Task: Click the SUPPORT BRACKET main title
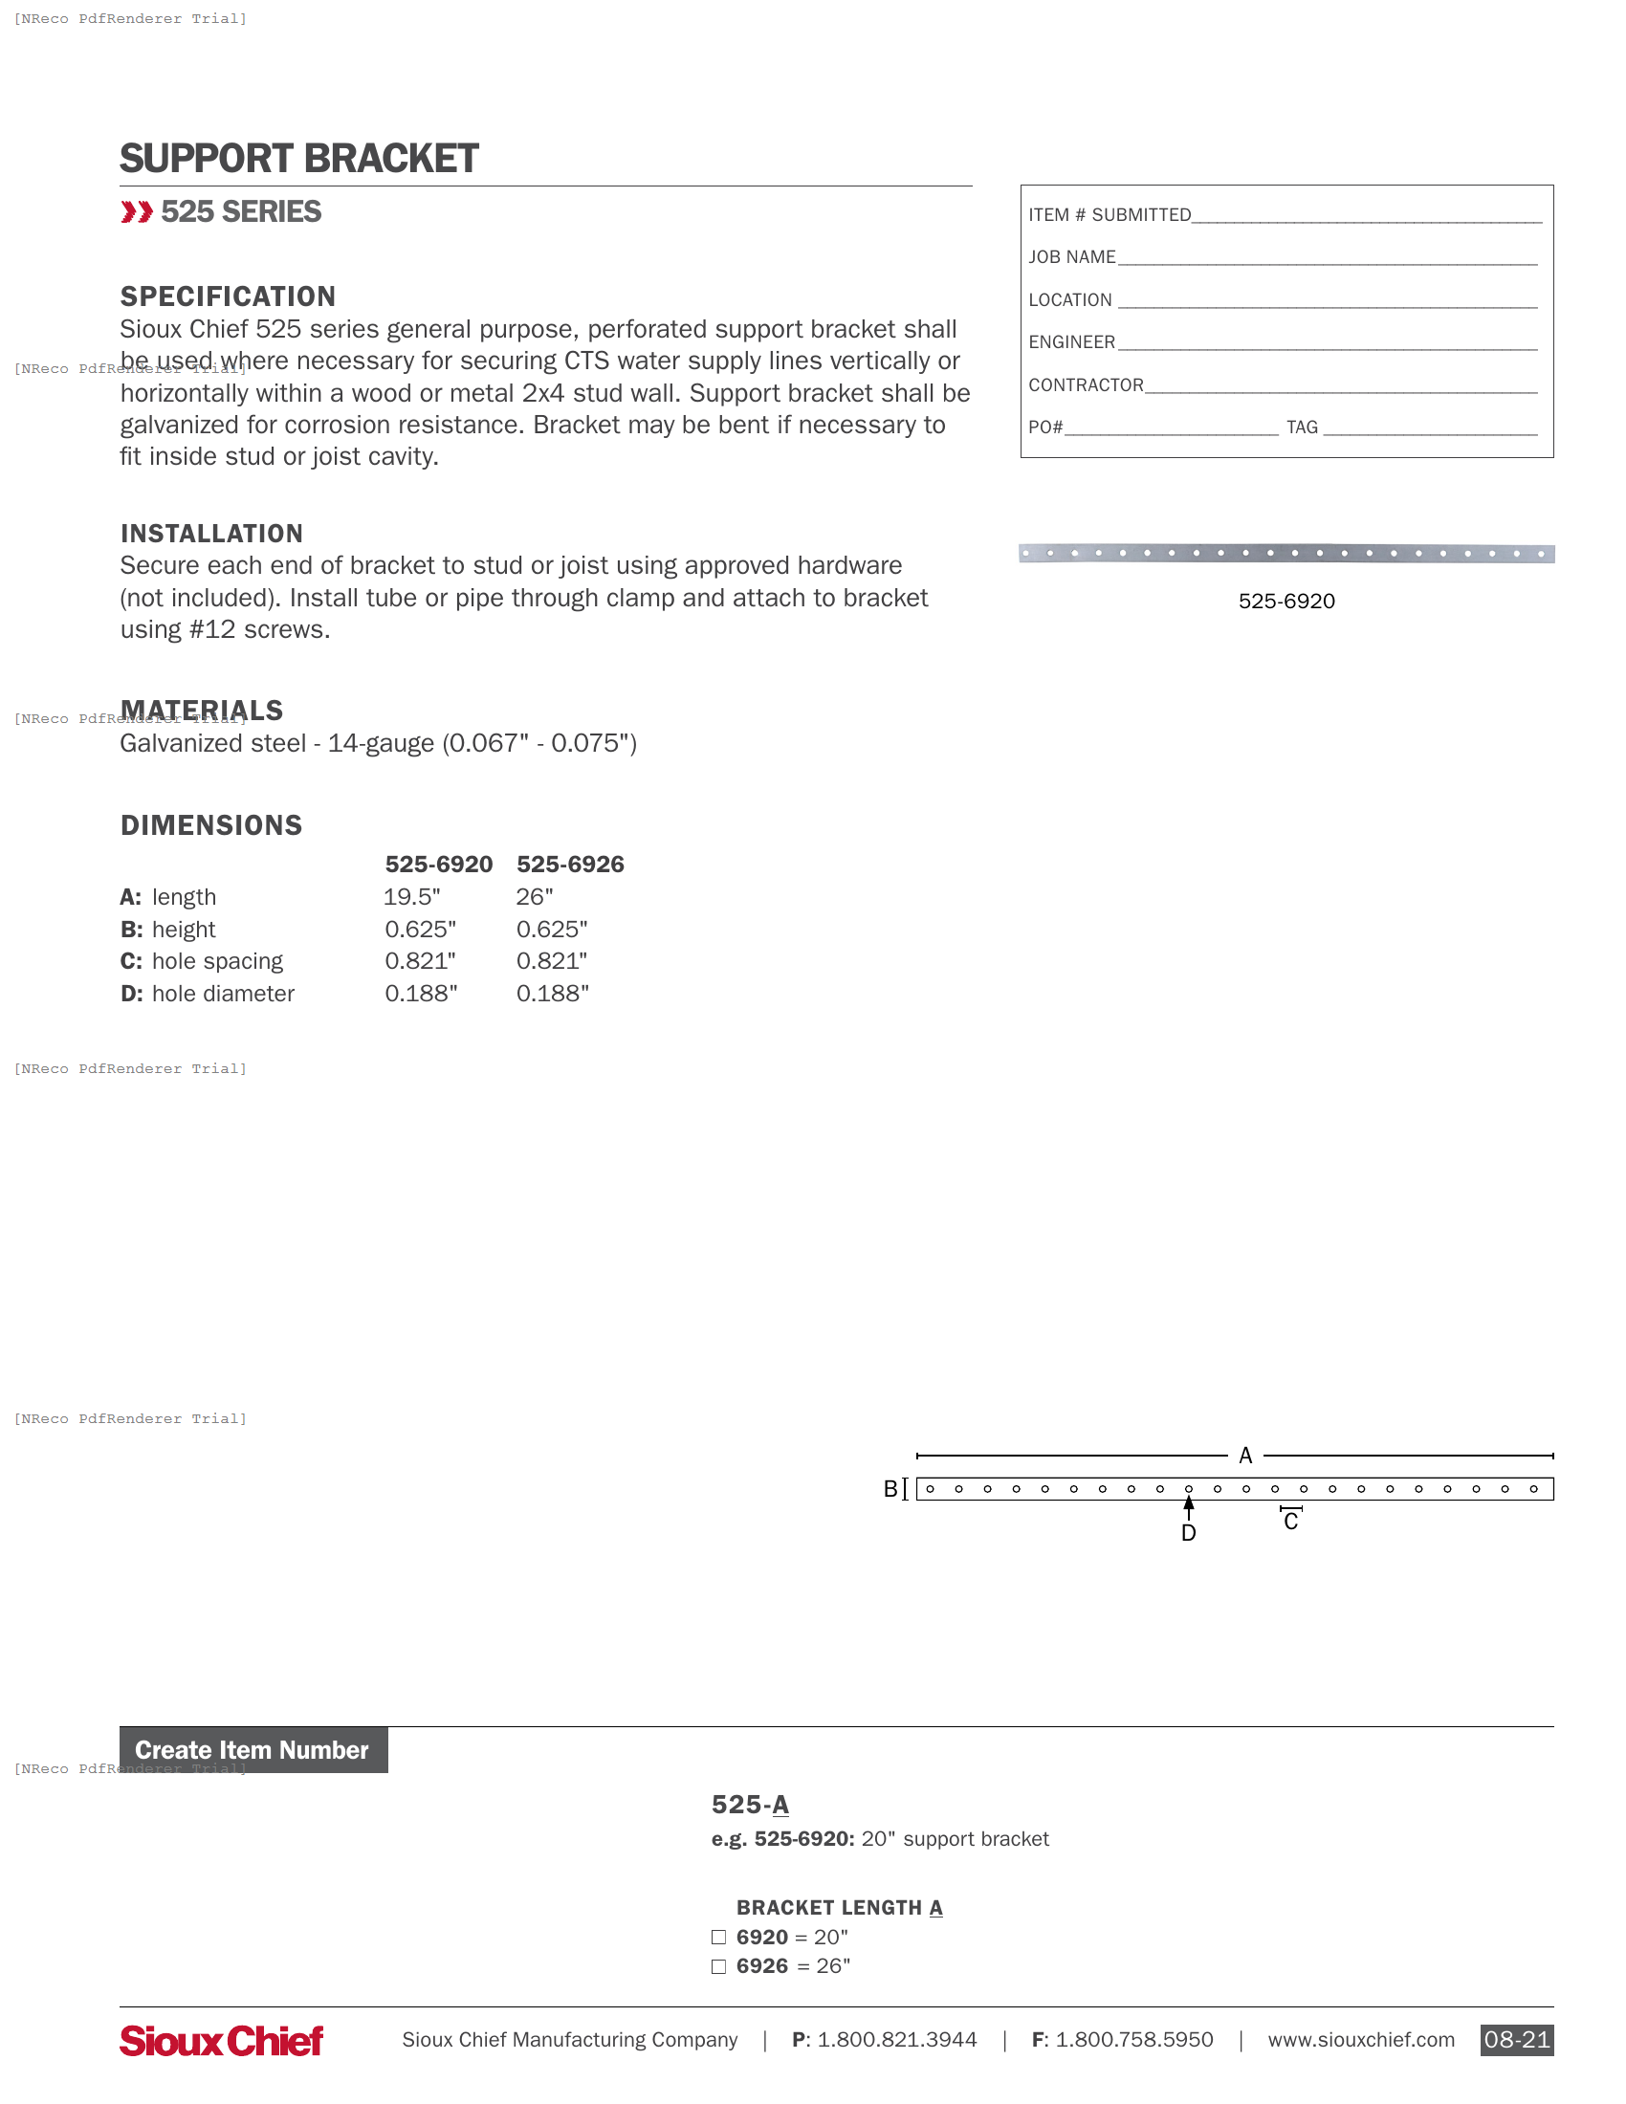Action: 298,159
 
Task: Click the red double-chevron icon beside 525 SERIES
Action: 137,212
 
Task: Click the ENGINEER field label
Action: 1071,342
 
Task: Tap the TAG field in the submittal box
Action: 1430,427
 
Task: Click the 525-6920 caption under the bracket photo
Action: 1285,602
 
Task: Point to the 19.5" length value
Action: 412,897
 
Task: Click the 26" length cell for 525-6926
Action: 535,897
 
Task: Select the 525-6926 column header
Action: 570,865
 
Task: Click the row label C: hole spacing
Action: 202,961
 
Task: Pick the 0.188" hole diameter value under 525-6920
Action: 421,994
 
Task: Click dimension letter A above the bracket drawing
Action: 1245,1456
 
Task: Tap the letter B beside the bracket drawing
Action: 890,1489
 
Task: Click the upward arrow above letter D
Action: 1189,1504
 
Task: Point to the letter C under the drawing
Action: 1291,1523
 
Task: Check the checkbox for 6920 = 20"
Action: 718,1938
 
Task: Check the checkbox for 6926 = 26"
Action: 718,1967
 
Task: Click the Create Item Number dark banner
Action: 253,1750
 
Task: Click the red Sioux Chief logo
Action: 222,2041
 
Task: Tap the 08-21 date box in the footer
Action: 1516,2041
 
